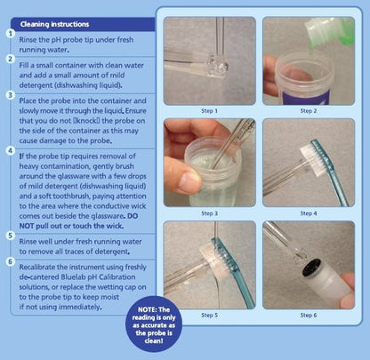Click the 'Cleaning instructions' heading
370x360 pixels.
(x=54, y=24)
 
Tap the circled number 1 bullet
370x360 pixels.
(x=11, y=33)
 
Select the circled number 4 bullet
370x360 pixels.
(x=11, y=150)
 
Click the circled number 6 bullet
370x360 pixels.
(x=11, y=261)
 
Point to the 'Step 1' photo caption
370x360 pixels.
(x=209, y=111)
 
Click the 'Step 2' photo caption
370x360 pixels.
(x=309, y=111)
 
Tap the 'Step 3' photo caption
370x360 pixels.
(x=209, y=213)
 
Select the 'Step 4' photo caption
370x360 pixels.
(x=309, y=213)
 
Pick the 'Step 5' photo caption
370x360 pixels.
(x=209, y=316)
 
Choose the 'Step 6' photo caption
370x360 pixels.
(x=309, y=316)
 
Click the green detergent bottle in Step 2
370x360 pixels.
(x=330, y=32)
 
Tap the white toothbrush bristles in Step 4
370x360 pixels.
(x=310, y=159)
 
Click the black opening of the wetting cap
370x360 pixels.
(x=312, y=268)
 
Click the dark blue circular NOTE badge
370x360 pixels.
(x=154, y=324)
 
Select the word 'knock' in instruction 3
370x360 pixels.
(x=92, y=121)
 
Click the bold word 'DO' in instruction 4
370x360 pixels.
(x=133, y=216)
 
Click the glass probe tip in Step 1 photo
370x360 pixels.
(x=218, y=66)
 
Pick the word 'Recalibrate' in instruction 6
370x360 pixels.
(x=37, y=267)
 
